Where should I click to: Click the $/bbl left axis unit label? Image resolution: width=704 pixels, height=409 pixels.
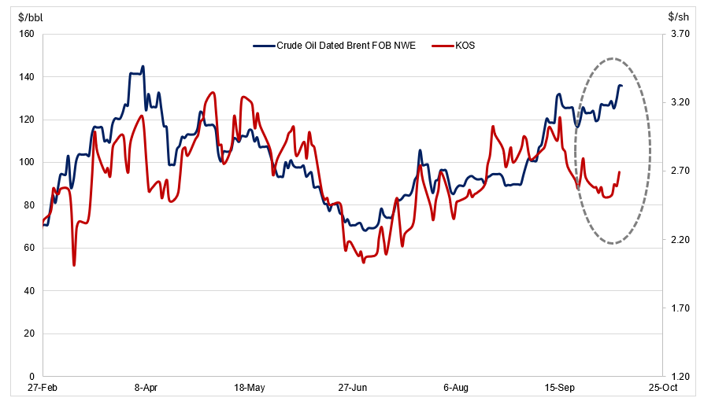[x=31, y=17]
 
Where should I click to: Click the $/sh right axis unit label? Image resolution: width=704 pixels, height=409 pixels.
[x=679, y=17]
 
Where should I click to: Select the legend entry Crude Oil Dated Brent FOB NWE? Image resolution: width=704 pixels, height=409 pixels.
[x=335, y=46]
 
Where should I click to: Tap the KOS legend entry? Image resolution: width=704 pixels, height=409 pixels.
[x=454, y=46]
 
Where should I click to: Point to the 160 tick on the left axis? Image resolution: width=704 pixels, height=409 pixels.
[x=27, y=34]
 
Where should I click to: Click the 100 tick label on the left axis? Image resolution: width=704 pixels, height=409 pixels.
[x=27, y=162]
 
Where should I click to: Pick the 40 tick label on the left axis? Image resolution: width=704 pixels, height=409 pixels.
[x=29, y=291]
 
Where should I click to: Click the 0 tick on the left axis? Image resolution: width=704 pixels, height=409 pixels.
[x=31, y=377]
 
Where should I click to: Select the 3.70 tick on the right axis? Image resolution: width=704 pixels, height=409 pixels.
[x=680, y=34]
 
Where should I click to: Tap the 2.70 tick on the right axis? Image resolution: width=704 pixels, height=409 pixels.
[x=680, y=171]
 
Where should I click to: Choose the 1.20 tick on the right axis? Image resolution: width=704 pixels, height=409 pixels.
[x=680, y=377]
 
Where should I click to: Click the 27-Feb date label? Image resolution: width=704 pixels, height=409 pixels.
[x=43, y=388]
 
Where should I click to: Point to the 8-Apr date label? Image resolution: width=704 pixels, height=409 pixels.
[x=146, y=388]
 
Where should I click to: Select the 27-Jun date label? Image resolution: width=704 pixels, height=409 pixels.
[x=353, y=388]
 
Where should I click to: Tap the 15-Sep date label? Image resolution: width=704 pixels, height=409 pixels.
[x=559, y=388]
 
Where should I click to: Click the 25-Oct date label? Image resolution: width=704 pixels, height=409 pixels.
[x=663, y=388]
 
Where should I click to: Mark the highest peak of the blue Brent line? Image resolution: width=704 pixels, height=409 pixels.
[x=143, y=66]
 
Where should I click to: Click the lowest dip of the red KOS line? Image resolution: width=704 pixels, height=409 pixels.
[x=74, y=266]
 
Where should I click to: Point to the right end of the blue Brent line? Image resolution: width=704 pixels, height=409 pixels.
[x=622, y=86]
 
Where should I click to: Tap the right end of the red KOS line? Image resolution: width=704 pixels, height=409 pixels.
[x=620, y=171]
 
